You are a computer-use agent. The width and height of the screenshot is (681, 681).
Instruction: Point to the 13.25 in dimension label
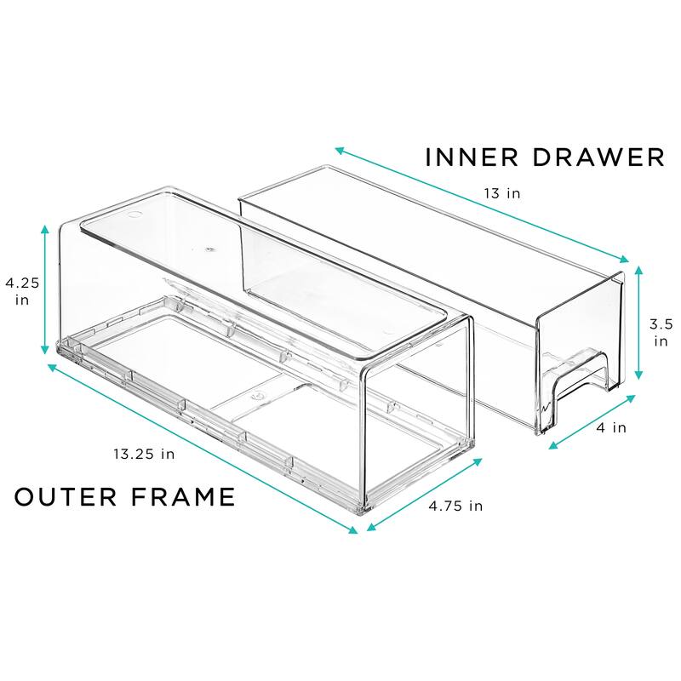pos(146,454)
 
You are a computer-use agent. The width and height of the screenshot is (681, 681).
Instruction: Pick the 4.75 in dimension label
pos(455,506)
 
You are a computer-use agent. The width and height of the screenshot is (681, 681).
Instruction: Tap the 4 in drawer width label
pos(612,427)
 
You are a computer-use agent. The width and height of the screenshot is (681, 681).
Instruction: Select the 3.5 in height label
pos(660,332)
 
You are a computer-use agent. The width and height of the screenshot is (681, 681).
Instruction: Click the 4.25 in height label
pos(20,291)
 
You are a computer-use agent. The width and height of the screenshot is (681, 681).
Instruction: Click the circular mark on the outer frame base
pos(256,394)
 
